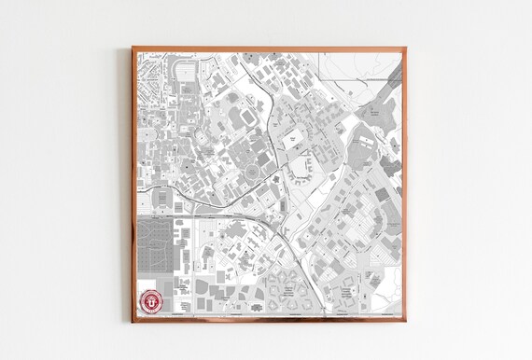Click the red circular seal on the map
(149, 302)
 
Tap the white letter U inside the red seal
(149, 302)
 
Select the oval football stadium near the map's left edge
(160, 199)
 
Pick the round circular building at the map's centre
(251, 173)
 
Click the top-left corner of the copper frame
(133, 48)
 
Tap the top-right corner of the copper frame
(406, 48)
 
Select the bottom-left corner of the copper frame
(133, 321)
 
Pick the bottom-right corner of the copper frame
(406, 321)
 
